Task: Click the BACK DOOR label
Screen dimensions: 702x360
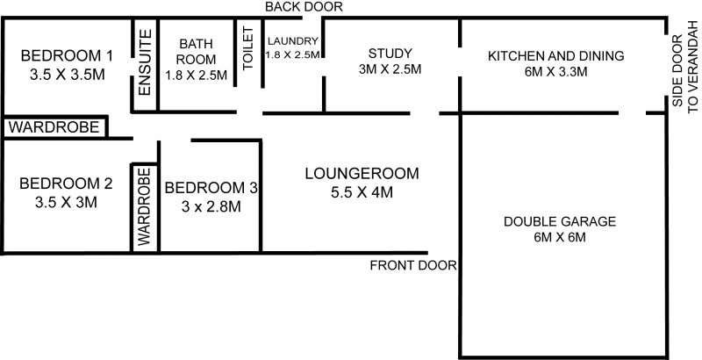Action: click(x=304, y=7)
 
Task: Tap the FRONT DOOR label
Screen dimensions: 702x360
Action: click(x=413, y=265)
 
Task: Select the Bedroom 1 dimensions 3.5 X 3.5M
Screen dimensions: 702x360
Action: click(x=68, y=75)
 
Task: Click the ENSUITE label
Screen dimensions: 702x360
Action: click(x=145, y=62)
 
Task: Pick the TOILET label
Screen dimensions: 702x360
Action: click(x=248, y=48)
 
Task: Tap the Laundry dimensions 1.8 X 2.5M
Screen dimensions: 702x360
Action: click(x=293, y=54)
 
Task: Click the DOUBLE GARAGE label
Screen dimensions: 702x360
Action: click(x=560, y=221)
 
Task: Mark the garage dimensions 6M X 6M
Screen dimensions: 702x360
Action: click(x=560, y=237)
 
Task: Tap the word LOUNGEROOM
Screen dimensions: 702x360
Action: click(x=362, y=173)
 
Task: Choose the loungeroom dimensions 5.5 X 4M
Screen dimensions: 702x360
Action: click(x=362, y=192)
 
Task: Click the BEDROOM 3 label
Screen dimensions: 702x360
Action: click(x=211, y=188)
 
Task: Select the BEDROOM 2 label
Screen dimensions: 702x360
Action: click(x=67, y=184)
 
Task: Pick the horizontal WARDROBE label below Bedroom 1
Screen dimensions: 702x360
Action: click(x=54, y=127)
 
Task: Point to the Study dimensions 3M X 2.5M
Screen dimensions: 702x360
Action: click(x=390, y=69)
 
